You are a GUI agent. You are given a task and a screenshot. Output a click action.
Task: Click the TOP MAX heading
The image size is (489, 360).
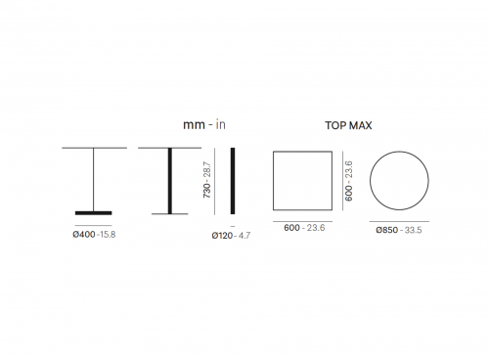(x=348, y=125)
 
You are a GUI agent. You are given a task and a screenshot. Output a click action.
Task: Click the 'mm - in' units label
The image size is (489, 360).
(x=204, y=124)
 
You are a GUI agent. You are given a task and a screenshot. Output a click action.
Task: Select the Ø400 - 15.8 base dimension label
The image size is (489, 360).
(x=94, y=235)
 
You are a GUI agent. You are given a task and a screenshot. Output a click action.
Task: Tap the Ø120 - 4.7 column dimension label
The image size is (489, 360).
(x=231, y=236)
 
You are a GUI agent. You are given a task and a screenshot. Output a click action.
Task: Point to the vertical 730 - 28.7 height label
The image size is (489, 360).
(x=207, y=180)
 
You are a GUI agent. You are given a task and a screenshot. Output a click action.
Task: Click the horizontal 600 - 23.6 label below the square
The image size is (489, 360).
(x=304, y=228)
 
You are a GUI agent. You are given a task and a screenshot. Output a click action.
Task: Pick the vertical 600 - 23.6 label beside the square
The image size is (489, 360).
(x=348, y=181)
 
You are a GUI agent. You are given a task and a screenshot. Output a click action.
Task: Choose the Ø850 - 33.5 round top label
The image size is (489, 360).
(x=399, y=230)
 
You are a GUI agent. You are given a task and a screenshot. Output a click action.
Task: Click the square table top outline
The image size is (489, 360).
(x=273, y=181)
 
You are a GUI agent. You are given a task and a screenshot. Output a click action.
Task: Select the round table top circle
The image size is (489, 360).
(x=370, y=180)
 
